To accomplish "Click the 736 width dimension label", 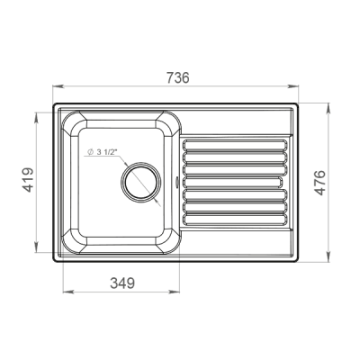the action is [178, 77].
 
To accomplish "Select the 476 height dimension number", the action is [320, 183].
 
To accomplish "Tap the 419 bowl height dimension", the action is [28, 180].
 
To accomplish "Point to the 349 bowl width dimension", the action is [122, 283].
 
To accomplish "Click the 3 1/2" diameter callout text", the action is [102, 152].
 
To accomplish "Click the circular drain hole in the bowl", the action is [141, 182].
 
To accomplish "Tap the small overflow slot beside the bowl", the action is [176, 182].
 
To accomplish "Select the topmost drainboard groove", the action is [236, 145].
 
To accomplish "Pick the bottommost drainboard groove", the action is [236, 220].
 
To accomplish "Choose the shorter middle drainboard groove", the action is [233, 182].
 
